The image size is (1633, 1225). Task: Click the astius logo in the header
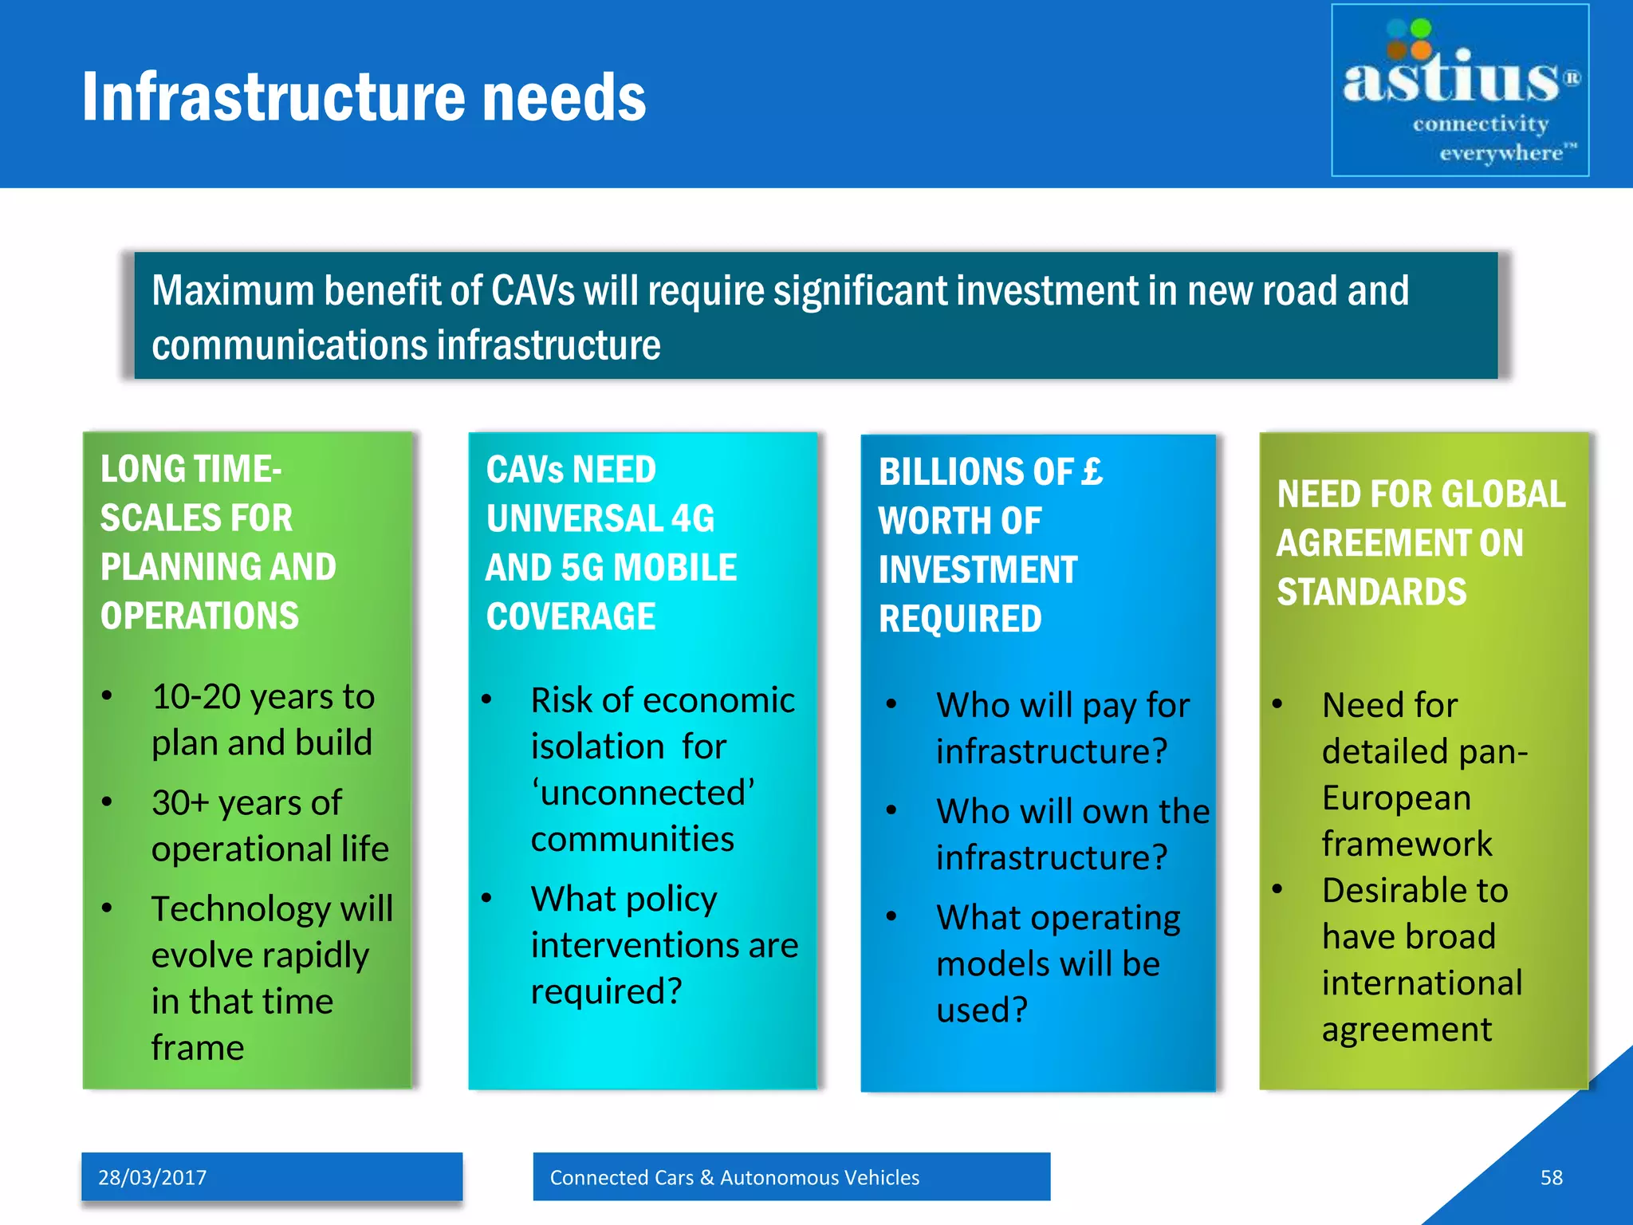click(1459, 90)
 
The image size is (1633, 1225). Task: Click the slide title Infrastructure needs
click(364, 97)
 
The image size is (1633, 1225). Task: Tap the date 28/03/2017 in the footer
click(152, 1177)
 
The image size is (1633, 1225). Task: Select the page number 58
click(1551, 1177)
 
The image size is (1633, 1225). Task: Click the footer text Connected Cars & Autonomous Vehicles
click(734, 1177)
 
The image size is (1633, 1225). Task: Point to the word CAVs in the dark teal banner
click(533, 290)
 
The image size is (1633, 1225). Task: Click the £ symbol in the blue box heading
click(1092, 471)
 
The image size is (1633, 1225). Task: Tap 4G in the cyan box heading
click(692, 519)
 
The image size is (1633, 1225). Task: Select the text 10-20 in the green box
click(196, 697)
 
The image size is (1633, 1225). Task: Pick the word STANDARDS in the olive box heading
click(1371, 593)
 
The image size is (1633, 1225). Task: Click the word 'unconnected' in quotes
click(643, 793)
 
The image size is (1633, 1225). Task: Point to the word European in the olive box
click(1396, 798)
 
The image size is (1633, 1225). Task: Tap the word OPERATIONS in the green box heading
click(199, 616)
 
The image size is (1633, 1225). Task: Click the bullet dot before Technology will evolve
click(107, 908)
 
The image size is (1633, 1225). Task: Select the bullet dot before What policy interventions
click(486, 898)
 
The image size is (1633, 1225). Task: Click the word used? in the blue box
click(982, 1010)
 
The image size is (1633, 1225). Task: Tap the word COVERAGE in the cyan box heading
click(571, 617)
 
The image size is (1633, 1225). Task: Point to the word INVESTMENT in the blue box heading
click(978, 570)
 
